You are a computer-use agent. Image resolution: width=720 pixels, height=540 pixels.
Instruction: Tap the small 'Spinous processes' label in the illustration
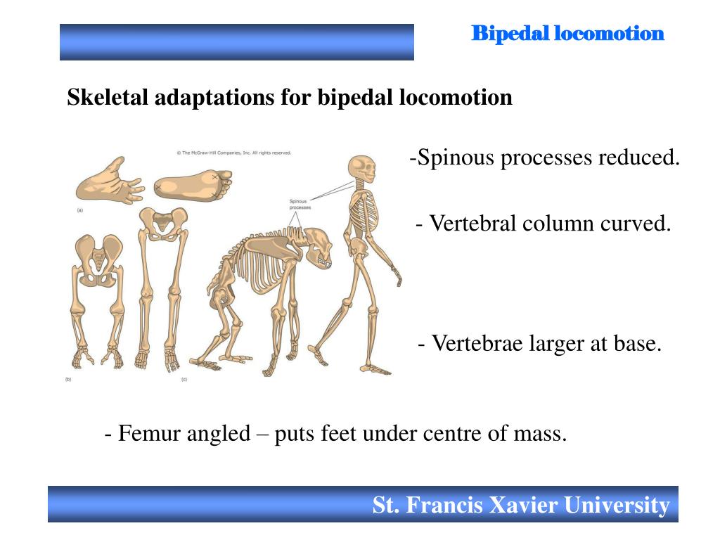pyautogui.click(x=300, y=205)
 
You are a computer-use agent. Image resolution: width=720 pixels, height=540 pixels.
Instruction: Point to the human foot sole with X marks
pyautogui.click(x=192, y=186)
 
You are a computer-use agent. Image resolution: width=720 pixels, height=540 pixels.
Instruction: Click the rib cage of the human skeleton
pyautogui.click(x=364, y=215)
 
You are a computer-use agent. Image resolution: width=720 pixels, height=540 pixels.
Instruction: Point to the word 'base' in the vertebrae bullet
pyautogui.click(x=639, y=344)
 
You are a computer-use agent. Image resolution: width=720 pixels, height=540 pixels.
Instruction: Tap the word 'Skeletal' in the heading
pyautogui.click(x=108, y=97)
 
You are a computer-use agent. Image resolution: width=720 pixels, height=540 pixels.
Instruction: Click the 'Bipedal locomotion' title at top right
pyautogui.click(x=567, y=33)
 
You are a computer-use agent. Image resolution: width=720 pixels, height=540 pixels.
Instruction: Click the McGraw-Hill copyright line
pyautogui.click(x=233, y=152)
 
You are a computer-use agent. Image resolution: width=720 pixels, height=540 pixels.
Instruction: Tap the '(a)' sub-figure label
pyautogui.click(x=79, y=210)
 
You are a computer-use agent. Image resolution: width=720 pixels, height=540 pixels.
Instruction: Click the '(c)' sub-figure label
pyautogui.click(x=184, y=380)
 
